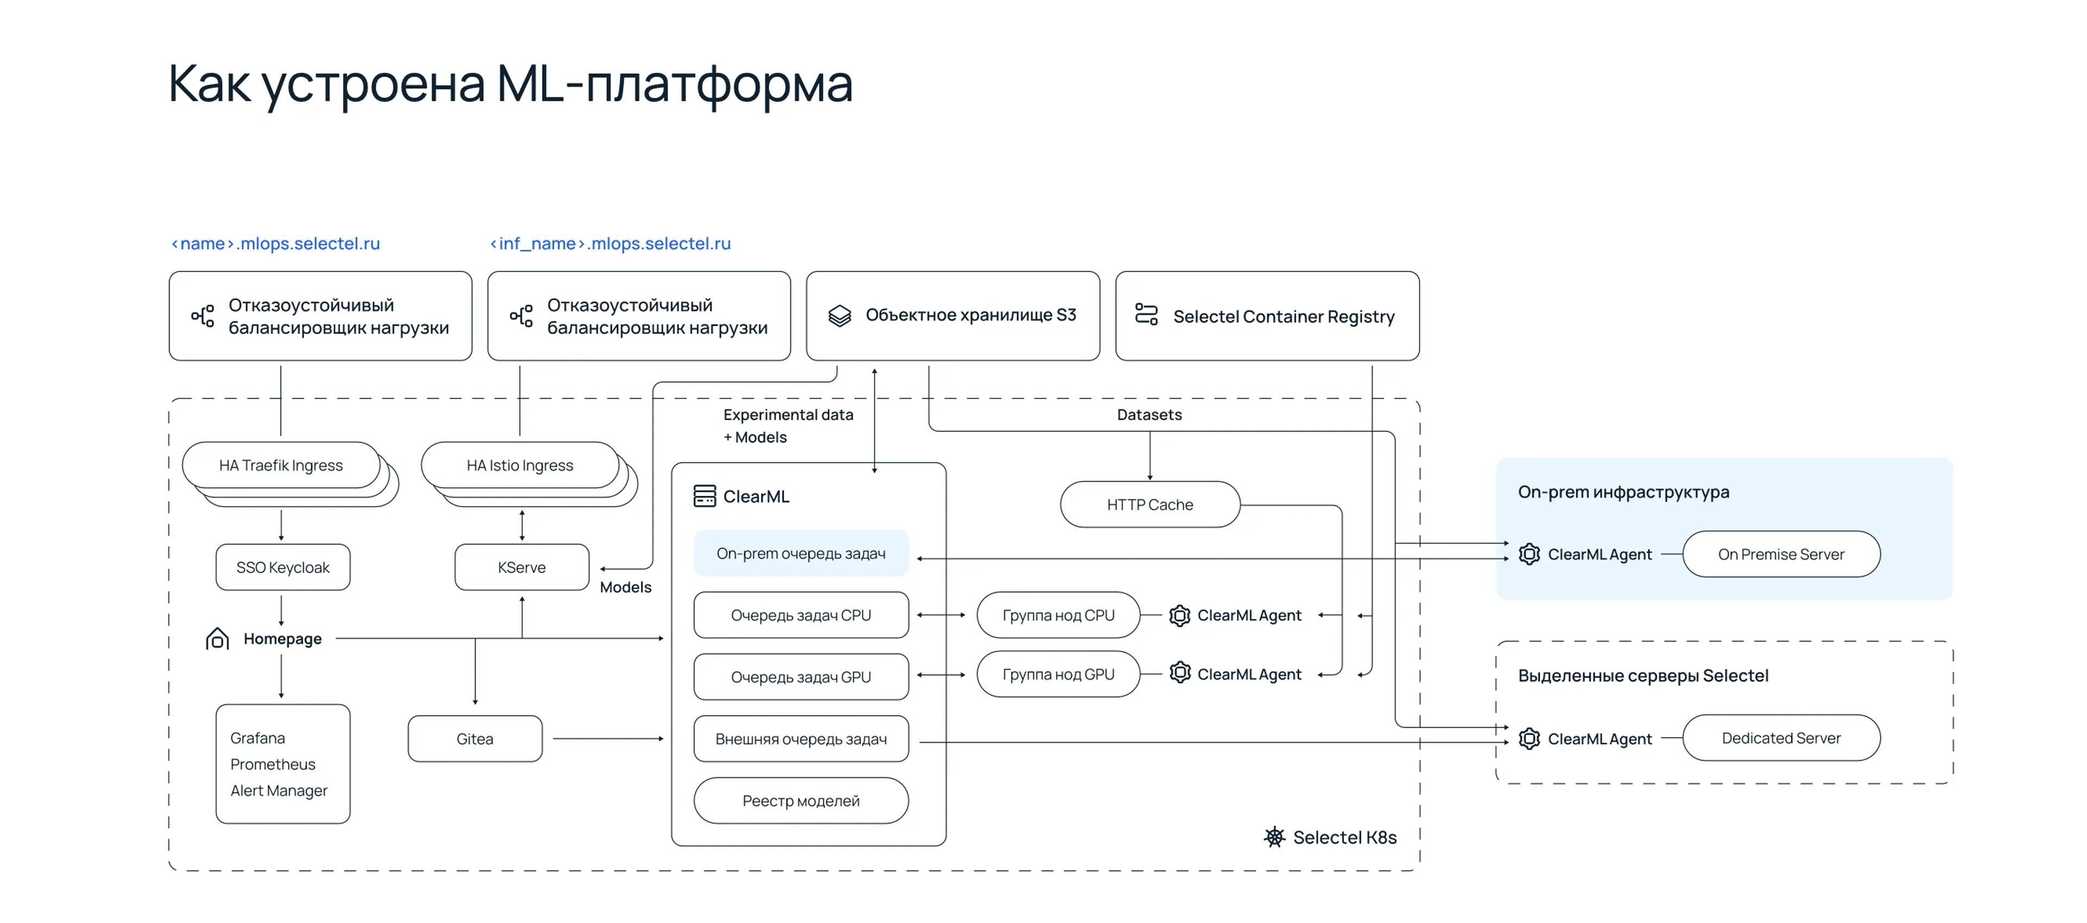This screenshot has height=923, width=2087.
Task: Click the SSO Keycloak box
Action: [283, 567]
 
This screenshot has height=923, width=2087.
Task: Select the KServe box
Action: [522, 567]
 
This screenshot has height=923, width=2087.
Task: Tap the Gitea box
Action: [475, 738]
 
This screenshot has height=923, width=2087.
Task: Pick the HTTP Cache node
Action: [1149, 504]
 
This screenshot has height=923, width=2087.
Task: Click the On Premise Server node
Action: [1781, 554]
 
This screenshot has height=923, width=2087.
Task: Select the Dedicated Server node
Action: [1781, 738]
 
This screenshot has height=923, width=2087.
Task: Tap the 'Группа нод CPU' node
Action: [1058, 615]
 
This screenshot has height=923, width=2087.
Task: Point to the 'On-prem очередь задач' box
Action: [801, 553]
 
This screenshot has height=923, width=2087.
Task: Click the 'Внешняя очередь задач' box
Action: [801, 738]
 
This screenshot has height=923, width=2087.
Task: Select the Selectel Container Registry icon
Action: [1146, 314]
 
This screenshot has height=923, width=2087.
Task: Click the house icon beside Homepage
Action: [217, 639]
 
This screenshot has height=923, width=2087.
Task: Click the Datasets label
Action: [1149, 415]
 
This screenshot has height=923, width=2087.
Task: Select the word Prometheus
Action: [273, 764]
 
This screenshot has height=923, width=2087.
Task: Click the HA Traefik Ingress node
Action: [281, 465]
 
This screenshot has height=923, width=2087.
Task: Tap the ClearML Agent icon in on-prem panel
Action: [1529, 554]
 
